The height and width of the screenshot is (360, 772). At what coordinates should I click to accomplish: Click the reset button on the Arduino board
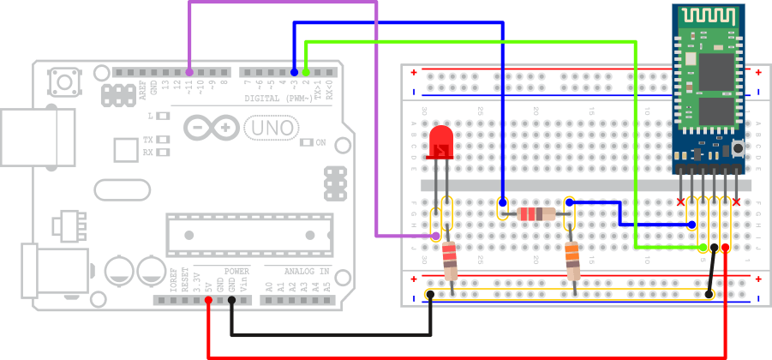[64, 83]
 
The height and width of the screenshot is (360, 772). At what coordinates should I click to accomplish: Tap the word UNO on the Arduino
[272, 129]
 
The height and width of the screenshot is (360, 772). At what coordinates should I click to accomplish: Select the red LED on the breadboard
[441, 142]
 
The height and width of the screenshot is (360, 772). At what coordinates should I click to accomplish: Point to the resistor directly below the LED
[450, 261]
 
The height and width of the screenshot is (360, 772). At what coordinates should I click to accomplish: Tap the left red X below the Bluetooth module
[681, 202]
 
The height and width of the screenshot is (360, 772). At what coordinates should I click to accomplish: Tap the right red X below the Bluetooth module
[736, 202]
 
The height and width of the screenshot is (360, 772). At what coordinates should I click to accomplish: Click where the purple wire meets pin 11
[189, 73]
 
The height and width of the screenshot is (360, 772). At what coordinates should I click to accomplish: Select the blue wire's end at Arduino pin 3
[294, 73]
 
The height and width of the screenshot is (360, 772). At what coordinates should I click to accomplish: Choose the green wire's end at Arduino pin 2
[306, 73]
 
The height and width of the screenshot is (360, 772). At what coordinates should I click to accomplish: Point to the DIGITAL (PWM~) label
[279, 98]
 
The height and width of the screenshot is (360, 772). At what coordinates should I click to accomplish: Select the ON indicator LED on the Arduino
[309, 142]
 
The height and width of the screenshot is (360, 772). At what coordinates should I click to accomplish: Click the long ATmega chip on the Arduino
[248, 237]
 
